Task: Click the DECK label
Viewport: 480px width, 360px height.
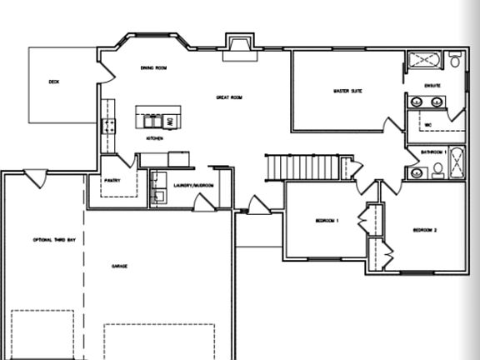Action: (53, 82)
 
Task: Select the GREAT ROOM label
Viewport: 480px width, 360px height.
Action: (229, 97)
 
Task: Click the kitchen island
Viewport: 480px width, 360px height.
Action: (157, 116)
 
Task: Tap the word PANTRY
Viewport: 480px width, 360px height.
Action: (114, 180)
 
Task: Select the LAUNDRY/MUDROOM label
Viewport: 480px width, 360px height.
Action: (194, 185)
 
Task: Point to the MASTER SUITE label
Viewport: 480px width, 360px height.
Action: (347, 90)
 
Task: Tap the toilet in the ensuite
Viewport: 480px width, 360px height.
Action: (455, 61)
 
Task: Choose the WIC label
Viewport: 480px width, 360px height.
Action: (428, 125)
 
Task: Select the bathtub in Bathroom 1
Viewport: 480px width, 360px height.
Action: (457, 163)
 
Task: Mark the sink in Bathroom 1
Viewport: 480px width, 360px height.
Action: (417, 173)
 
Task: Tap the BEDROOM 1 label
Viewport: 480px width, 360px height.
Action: (327, 220)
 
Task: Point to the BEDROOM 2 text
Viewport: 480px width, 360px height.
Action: (425, 230)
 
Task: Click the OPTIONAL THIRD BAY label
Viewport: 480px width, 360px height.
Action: (54, 240)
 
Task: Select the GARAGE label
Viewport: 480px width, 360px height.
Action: (120, 267)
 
